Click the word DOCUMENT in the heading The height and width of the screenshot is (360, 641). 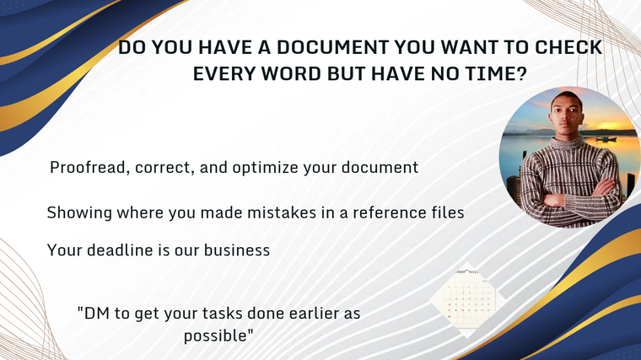point(332,47)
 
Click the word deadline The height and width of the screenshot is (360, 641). point(120,250)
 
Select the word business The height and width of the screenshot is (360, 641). point(237,250)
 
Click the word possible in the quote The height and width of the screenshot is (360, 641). point(215,336)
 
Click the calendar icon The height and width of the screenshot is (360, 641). point(466,299)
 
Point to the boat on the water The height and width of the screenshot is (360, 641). point(606,139)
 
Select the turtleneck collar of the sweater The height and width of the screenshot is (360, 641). point(566,144)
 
